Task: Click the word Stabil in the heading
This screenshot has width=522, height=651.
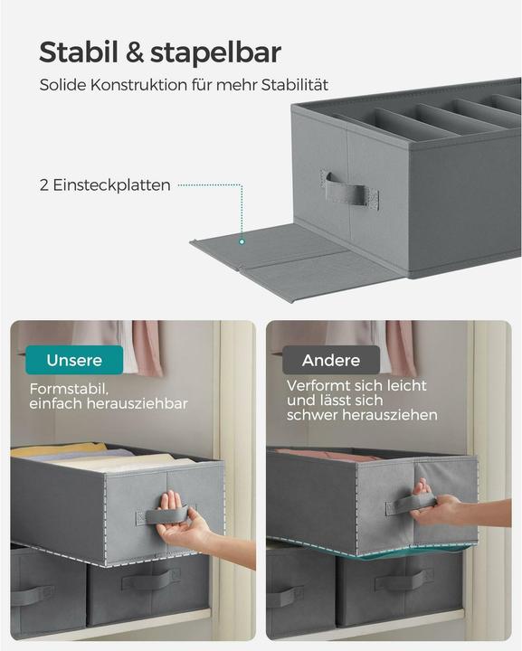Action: coord(79,52)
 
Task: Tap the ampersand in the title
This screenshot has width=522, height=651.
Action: coord(134,52)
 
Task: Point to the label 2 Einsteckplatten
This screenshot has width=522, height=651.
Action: coord(105,185)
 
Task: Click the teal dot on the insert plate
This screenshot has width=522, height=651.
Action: coord(242,241)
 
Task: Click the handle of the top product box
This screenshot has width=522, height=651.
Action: coord(346,191)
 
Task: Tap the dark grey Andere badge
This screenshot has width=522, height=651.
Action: coord(330,360)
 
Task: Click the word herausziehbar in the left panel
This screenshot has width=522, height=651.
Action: coord(138,403)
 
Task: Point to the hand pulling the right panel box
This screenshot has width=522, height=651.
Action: coord(432,507)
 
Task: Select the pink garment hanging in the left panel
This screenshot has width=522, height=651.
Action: coord(147,347)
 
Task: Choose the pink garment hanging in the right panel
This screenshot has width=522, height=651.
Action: coord(400,347)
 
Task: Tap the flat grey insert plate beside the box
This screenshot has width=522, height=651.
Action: coord(271,253)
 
